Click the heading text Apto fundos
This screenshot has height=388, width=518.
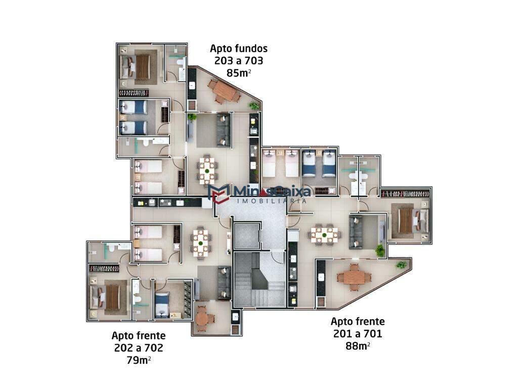coord(238,49)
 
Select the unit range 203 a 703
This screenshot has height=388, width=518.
coord(238,61)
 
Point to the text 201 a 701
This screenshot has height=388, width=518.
coord(357,333)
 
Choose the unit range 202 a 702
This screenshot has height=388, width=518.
coord(138,348)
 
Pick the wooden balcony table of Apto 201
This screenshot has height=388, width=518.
coord(354,277)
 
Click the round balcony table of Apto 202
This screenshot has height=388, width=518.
coord(202,318)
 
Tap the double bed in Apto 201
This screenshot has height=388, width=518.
coord(406,220)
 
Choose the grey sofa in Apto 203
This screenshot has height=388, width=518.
coord(223,129)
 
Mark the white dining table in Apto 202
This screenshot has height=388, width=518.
coord(201,241)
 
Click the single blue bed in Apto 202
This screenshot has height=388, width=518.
coord(162,304)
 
